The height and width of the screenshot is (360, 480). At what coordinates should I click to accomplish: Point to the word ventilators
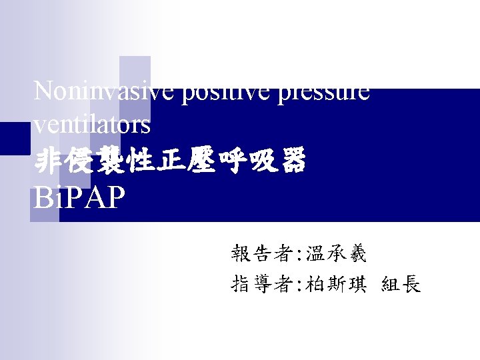[x=92, y=125]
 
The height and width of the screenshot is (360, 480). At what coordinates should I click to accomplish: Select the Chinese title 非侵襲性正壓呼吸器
[x=169, y=161]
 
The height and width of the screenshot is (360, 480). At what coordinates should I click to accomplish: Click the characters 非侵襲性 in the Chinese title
[x=101, y=161]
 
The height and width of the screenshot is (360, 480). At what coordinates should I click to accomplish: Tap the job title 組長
[x=401, y=285]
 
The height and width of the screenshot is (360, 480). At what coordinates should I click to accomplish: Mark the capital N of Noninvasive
[x=43, y=91]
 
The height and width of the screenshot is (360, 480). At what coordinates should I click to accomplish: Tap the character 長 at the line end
[x=411, y=285]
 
